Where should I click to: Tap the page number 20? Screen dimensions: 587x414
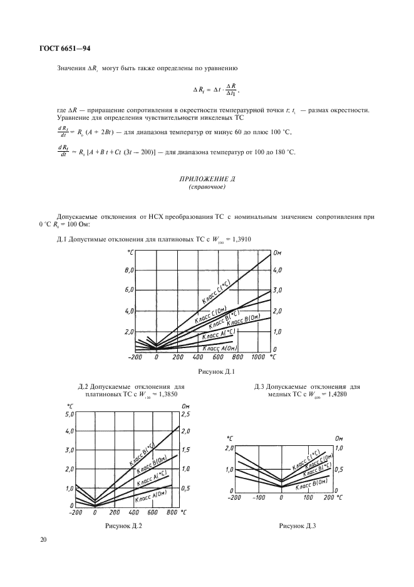tap(43, 539)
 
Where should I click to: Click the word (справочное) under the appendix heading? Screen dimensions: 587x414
tap(206, 187)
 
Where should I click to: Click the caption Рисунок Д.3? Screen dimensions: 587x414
tap(297, 526)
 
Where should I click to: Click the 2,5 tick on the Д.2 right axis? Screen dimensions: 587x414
tap(186, 414)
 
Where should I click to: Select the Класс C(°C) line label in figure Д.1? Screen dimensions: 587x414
tap(216, 293)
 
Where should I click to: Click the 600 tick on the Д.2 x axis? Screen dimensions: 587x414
tap(152, 512)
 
